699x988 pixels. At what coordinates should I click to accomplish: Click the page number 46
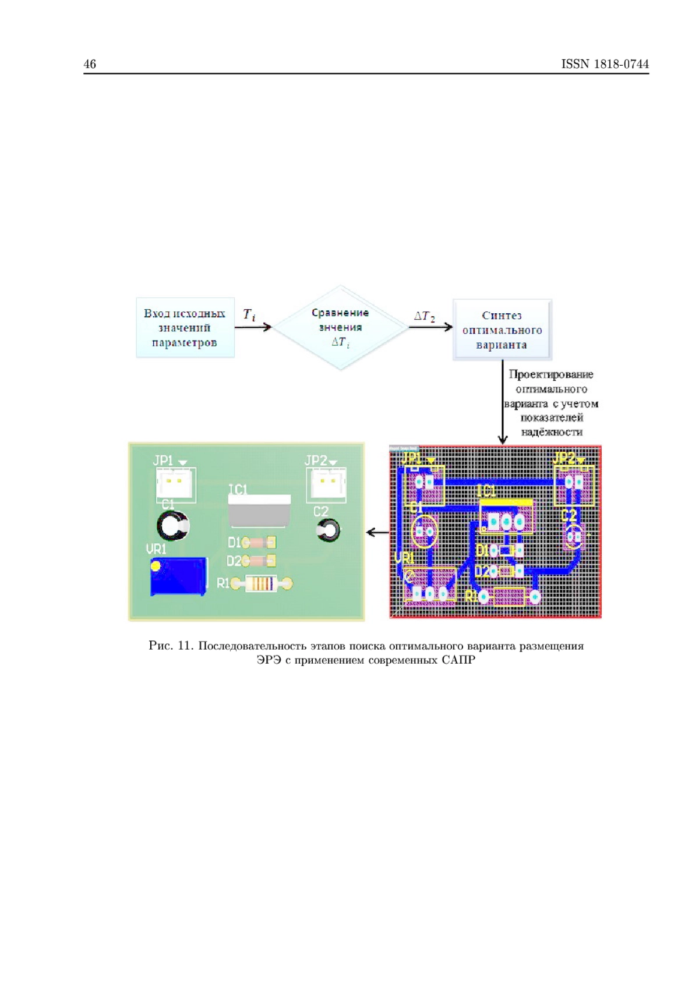pos(90,64)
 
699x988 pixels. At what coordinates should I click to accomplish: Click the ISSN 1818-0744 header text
pos(605,64)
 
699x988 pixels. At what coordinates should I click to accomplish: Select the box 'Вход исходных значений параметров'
pos(185,328)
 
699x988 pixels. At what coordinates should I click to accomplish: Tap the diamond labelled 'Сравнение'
pos(340,327)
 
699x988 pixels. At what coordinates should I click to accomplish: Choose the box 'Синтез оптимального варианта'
pos(502,330)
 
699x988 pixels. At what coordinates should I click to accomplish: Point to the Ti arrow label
pos(249,315)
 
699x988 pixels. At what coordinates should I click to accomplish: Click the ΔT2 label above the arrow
pos(424,316)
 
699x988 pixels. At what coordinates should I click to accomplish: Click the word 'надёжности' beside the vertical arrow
pos(552,432)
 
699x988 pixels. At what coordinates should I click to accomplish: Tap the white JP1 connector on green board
pos(175,483)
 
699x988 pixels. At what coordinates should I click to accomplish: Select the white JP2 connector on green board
pos(327,483)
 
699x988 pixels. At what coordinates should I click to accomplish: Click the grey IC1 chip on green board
pos(259,511)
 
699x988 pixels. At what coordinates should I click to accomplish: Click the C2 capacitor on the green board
pos(329,530)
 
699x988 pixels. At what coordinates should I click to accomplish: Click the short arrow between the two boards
pos(377,532)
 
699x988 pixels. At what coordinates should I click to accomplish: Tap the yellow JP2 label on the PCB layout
pos(564,458)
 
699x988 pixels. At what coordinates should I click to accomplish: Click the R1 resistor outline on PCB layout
pos(510,596)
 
